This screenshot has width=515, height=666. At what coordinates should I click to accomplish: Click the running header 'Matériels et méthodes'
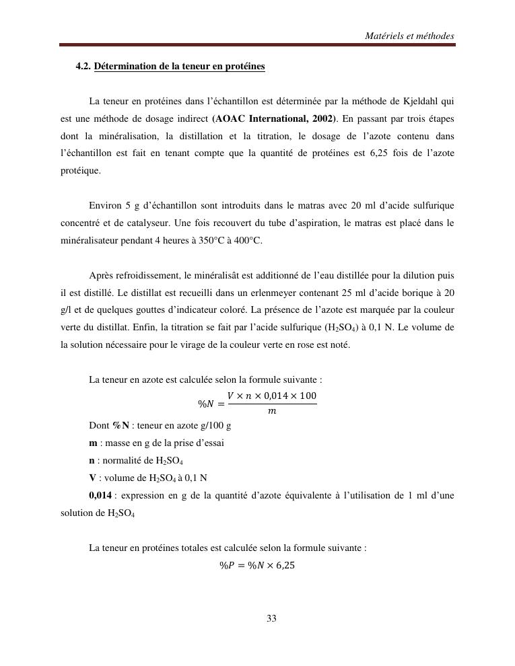coord(409,36)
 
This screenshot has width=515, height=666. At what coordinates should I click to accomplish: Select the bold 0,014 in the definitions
coord(100,495)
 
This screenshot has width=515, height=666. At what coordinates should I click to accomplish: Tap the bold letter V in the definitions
coord(92,478)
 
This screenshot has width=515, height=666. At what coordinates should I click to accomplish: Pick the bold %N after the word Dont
coord(121,425)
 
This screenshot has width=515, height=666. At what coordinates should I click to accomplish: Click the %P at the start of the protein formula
coord(226,565)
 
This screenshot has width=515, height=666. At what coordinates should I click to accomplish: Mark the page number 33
coord(271,618)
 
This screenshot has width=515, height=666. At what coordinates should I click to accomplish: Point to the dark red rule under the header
coord(257,45)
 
